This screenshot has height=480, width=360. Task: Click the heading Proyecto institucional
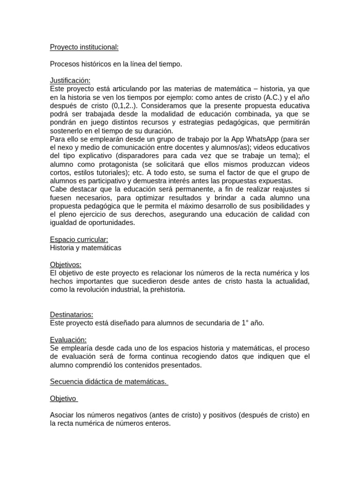(x=84, y=47)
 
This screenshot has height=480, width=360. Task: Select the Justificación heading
(x=70, y=81)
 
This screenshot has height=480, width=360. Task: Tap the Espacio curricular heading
(x=79, y=240)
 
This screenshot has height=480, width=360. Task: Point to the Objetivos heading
(x=66, y=265)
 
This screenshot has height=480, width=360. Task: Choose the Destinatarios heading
(x=71, y=315)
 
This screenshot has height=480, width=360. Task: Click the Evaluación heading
(x=68, y=340)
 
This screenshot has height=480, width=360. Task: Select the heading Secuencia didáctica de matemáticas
(x=109, y=382)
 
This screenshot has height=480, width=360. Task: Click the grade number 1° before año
(x=245, y=323)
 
